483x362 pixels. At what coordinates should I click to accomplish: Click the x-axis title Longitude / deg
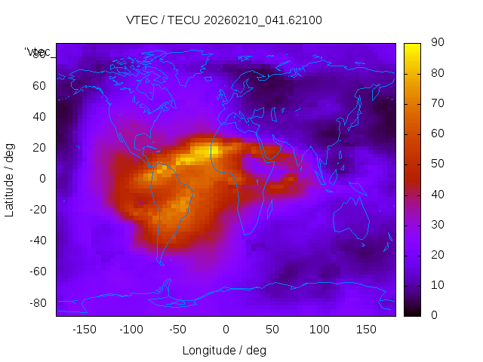click(x=224, y=351)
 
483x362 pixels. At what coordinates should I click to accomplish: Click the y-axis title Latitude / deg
click(x=10, y=179)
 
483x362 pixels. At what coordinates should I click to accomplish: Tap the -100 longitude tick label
click(x=131, y=329)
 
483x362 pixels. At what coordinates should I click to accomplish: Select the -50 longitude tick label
click(x=178, y=329)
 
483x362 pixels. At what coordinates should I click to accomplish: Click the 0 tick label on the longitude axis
click(x=226, y=329)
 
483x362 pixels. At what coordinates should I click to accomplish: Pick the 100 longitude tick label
click(x=320, y=329)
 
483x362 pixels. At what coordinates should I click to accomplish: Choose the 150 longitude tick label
click(x=367, y=329)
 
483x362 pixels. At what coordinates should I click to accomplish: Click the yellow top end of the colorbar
click(x=412, y=47)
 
